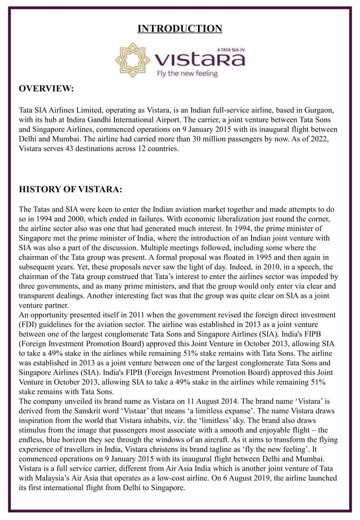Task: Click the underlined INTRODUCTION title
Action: (x=180, y=28)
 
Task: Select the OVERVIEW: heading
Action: (x=47, y=89)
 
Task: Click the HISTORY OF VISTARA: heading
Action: (x=71, y=188)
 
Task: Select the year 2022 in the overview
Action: (x=314, y=139)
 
